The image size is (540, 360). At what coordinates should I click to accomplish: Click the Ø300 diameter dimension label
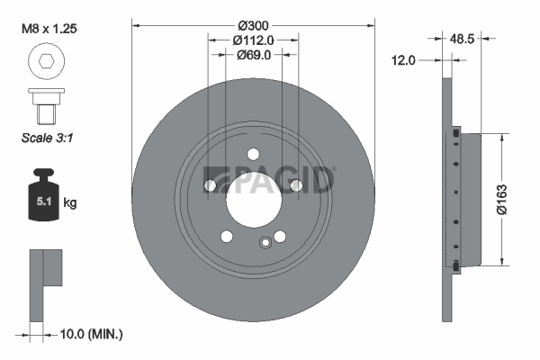coord(253,25)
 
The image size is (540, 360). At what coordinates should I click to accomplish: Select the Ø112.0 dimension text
coord(253,40)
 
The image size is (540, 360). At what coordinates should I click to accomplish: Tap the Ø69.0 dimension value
coord(254,55)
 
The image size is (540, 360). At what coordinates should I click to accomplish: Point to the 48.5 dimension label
coord(462,39)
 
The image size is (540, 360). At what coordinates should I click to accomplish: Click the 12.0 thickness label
coord(403,60)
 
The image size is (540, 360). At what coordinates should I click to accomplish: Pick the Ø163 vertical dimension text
coord(502,200)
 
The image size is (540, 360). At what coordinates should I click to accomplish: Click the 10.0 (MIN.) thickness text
coord(91,334)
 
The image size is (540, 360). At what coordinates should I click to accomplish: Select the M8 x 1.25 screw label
coord(49,29)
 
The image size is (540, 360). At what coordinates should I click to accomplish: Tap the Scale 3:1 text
coord(47,138)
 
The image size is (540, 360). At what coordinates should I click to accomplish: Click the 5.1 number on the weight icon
coord(44,202)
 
